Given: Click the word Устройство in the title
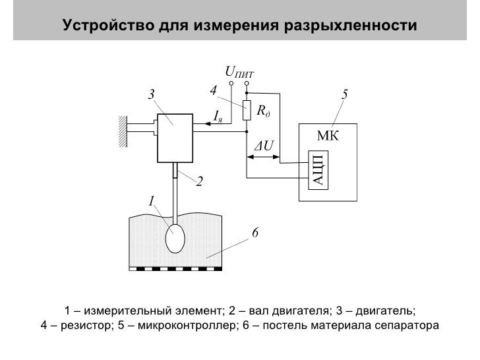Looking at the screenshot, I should click(x=108, y=26).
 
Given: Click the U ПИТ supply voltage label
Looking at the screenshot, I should click(x=239, y=71).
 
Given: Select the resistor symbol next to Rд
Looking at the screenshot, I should click(x=246, y=111).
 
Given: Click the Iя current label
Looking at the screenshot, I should click(x=218, y=116).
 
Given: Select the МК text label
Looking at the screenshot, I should click(x=328, y=136).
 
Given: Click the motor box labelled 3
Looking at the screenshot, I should click(x=174, y=137).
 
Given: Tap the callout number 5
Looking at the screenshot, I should click(x=345, y=94).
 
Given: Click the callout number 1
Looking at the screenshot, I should click(x=151, y=200).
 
